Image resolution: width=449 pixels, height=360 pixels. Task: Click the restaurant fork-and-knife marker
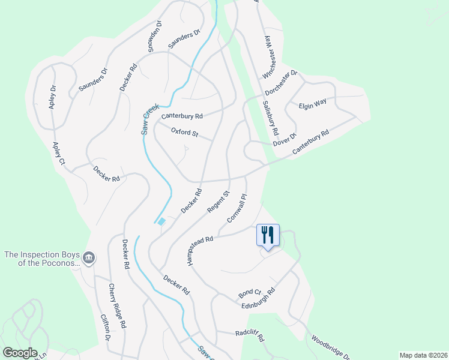coord(268,235)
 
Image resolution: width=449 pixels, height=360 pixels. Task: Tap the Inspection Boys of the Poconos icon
coord(89,258)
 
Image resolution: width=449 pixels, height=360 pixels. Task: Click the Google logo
coord(20,353)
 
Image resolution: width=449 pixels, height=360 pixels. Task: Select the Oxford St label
coord(184,132)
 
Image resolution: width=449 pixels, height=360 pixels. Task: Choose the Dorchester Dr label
coord(282,84)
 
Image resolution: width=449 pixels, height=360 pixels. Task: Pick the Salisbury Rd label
coord(271,116)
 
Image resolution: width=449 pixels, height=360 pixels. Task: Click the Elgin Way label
coord(313,103)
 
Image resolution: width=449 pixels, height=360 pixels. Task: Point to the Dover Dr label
coord(285,139)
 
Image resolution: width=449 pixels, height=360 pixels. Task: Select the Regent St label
coord(218,202)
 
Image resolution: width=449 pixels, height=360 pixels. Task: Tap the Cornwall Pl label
coord(237,208)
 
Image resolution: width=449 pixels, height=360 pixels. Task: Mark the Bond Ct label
coord(249,293)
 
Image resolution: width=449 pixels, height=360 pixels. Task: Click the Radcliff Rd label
coord(250,335)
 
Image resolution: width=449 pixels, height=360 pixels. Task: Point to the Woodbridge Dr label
coord(327,347)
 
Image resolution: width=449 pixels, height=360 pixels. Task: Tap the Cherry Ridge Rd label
coord(117,305)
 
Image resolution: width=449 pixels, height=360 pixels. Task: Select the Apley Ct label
coord(58,153)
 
